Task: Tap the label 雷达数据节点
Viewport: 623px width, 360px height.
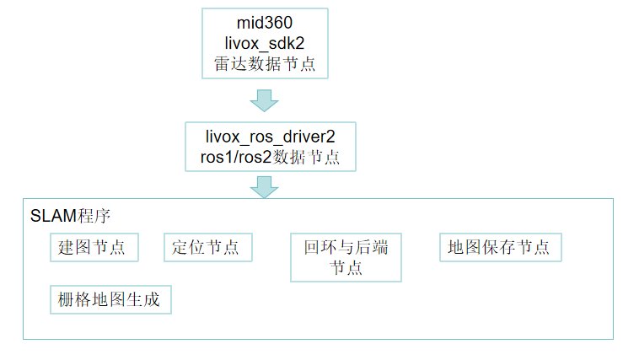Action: point(264,64)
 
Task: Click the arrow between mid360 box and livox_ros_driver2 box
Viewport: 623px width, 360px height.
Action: point(264,100)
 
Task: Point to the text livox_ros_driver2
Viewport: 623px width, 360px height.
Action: point(264,136)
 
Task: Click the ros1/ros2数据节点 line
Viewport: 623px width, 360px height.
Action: point(264,157)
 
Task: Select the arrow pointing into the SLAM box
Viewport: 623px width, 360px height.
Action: point(264,186)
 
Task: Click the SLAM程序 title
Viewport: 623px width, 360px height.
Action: point(70,216)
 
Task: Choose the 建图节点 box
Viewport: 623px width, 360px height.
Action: point(92,247)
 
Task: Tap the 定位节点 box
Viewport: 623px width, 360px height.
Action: point(205,247)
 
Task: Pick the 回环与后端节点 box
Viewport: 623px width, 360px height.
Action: point(346,257)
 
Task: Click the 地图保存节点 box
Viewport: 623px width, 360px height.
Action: point(499,247)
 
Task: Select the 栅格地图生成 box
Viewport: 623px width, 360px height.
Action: point(110,299)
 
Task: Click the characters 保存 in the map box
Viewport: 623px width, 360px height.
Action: point(499,247)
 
